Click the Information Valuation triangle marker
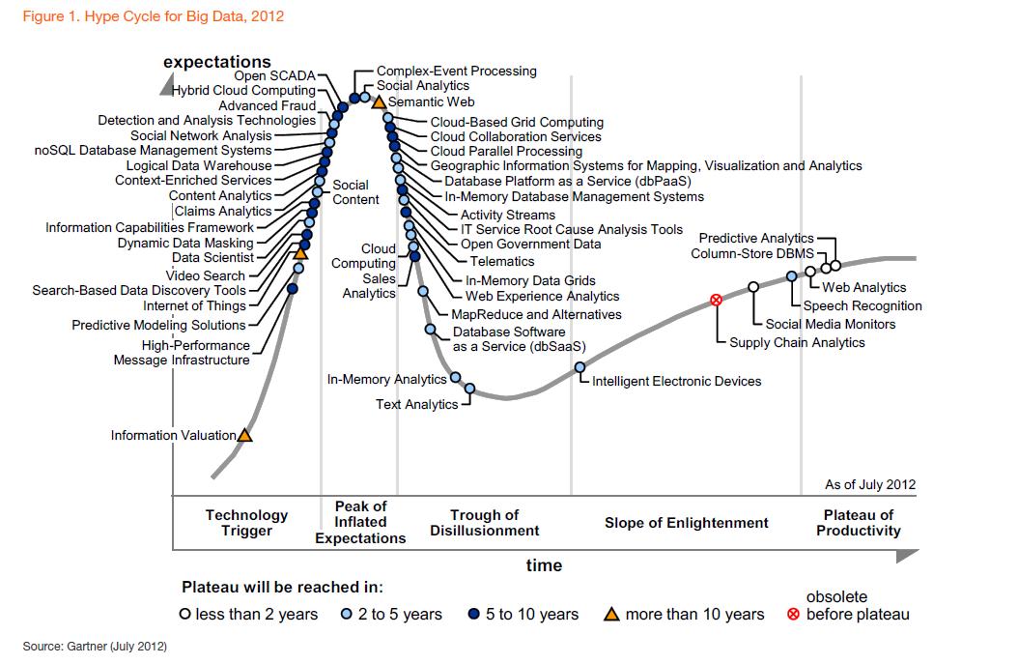[x=244, y=436]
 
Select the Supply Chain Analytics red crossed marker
[x=717, y=300]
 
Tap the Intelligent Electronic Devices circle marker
[x=580, y=367]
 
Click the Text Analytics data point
[x=469, y=389]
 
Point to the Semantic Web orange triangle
[x=379, y=101]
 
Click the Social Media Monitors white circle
[x=753, y=287]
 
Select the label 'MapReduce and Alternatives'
[x=536, y=314]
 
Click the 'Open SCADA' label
[x=274, y=75]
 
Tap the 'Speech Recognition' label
[x=862, y=305]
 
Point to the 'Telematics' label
[x=502, y=261]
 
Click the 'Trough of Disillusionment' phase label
[x=485, y=523]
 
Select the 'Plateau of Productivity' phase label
[x=858, y=523]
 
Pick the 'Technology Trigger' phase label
[x=246, y=523]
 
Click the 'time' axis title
[x=544, y=565]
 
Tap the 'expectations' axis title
[x=217, y=62]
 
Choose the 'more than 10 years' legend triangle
[x=611, y=614]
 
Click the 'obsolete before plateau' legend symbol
[x=794, y=615]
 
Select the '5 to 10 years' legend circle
[x=474, y=615]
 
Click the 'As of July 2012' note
[x=870, y=485]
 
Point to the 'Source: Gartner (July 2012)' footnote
[x=95, y=646]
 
